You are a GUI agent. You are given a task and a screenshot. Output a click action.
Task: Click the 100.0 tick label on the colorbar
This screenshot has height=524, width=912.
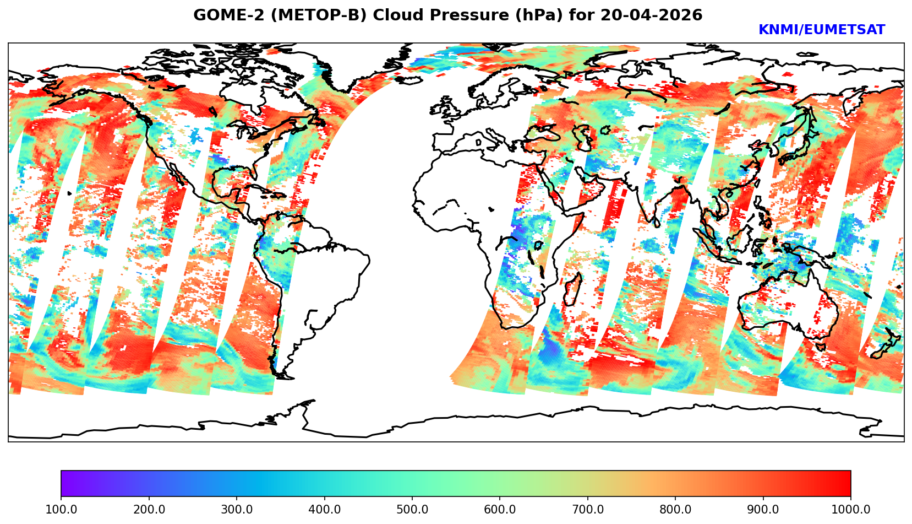click(x=61, y=510)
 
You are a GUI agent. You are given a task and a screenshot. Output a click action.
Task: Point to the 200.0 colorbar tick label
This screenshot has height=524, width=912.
click(x=149, y=510)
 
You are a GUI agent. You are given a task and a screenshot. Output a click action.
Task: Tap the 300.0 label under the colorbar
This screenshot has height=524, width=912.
click(x=237, y=510)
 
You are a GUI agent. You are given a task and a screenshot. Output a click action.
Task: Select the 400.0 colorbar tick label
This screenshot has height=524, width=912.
click(x=324, y=510)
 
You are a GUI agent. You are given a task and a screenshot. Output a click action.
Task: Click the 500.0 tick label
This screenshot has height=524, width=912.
click(x=412, y=510)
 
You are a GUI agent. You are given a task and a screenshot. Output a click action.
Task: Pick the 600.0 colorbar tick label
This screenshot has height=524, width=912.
click(x=500, y=510)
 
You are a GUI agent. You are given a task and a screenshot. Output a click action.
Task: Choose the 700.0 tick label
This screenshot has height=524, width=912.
click(x=588, y=510)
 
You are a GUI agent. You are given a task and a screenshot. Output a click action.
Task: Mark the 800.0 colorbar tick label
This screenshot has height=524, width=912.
click(x=675, y=510)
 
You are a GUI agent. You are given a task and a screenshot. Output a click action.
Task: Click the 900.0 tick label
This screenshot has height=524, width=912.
click(x=763, y=510)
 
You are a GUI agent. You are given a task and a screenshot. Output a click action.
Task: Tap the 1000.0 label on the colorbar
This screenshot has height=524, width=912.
click(x=850, y=510)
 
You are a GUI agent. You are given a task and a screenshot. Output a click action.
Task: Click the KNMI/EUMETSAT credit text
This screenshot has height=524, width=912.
click(x=821, y=30)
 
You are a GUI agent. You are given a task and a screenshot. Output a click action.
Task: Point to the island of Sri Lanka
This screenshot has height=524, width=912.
click(x=657, y=222)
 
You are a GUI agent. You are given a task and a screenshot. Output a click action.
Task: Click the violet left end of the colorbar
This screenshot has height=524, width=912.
click(x=65, y=483)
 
